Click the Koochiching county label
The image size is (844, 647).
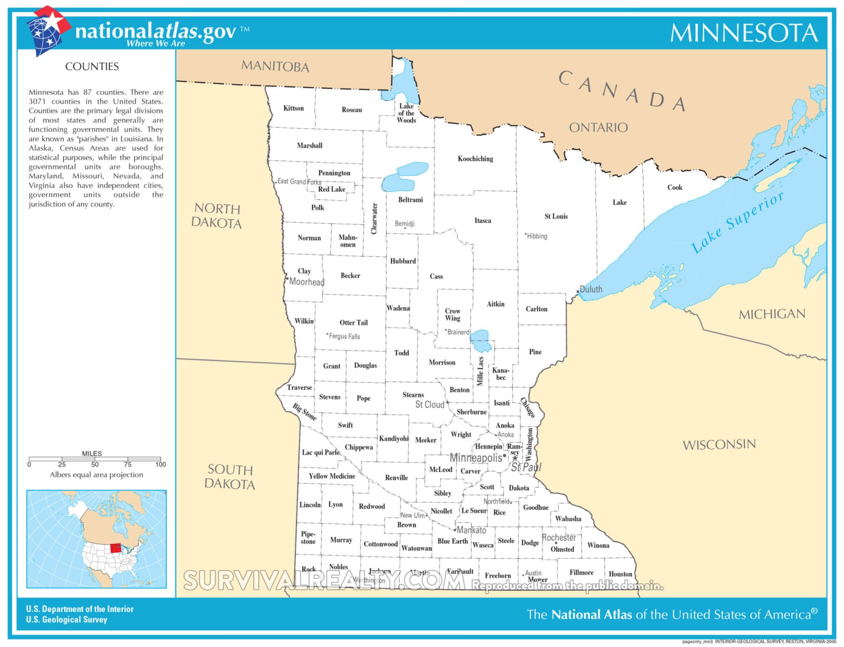tap(475, 159)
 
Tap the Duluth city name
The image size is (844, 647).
tap(591, 289)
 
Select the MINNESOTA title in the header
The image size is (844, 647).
tap(744, 33)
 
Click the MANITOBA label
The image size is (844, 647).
tap(275, 66)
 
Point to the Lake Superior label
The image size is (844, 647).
tap(737, 222)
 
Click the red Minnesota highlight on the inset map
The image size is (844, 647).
tap(115, 548)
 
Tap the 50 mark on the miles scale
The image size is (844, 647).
tap(95, 464)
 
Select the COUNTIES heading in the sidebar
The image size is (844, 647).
tap(92, 67)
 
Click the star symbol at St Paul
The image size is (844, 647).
tap(515, 458)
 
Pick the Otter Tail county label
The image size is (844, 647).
tap(354, 322)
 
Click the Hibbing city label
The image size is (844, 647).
tap(537, 236)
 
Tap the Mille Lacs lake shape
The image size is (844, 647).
tap(481, 341)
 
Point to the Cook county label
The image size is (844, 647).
tap(674, 187)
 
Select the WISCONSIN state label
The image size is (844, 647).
tap(719, 444)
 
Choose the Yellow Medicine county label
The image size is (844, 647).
tap(332, 476)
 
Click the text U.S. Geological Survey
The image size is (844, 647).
tap(67, 619)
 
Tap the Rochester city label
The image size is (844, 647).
tap(558, 537)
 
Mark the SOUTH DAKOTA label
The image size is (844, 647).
tap(230, 477)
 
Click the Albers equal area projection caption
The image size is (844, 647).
tap(96, 474)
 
